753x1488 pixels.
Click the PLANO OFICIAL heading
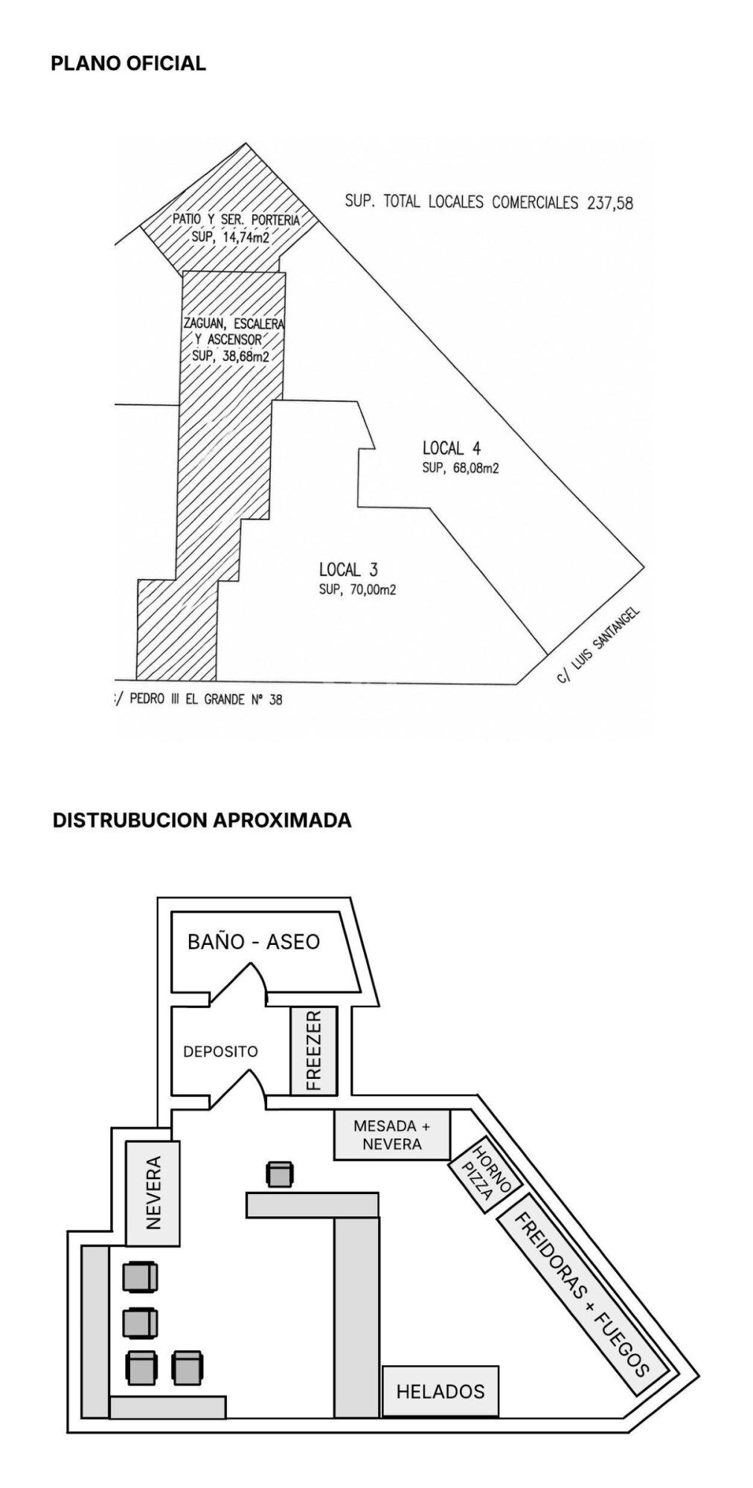tap(128, 63)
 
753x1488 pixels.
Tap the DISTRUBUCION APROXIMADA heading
tap(202, 820)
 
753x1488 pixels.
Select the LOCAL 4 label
tap(452, 448)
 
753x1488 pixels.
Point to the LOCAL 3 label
tap(348, 570)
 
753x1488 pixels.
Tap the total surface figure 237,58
tap(610, 202)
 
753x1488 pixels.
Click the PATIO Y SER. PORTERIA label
tap(236, 220)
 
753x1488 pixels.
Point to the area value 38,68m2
tap(242, 356)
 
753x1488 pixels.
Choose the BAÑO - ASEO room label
tap(254, 942)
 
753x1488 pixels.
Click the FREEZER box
tap(313, 1051)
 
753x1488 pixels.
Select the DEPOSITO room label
tap(220, 1051)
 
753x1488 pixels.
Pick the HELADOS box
tap(440, 1391)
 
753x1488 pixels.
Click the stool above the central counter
tap(280, 1175)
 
